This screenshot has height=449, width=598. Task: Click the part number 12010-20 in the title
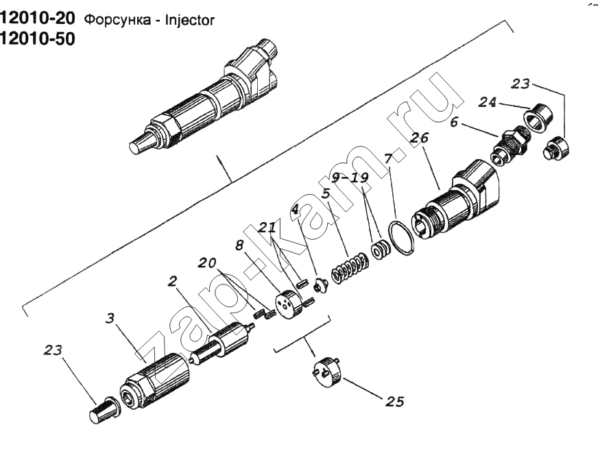click(x=38, y=19)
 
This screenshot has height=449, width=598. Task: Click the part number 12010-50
click(x=38, y=39)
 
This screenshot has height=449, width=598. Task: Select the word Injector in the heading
click(x=190, y=20)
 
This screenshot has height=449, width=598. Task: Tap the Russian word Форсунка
click(x=117, y=21)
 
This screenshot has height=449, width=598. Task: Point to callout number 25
click(x=395, y=401)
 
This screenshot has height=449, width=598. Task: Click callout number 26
click(x=420, y=138)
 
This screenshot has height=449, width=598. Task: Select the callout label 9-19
click(x=350, y=178)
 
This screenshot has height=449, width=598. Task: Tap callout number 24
click(x=487, y=102)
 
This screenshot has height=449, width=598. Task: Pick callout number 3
click(x=110, y=318)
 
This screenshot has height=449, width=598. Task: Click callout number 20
click(x=207, y=263)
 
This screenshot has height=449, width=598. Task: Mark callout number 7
click(x=388, y=158)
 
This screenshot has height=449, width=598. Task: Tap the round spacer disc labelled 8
click(x=288, y=304)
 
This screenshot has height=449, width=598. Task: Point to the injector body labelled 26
click(x=457, y=199)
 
